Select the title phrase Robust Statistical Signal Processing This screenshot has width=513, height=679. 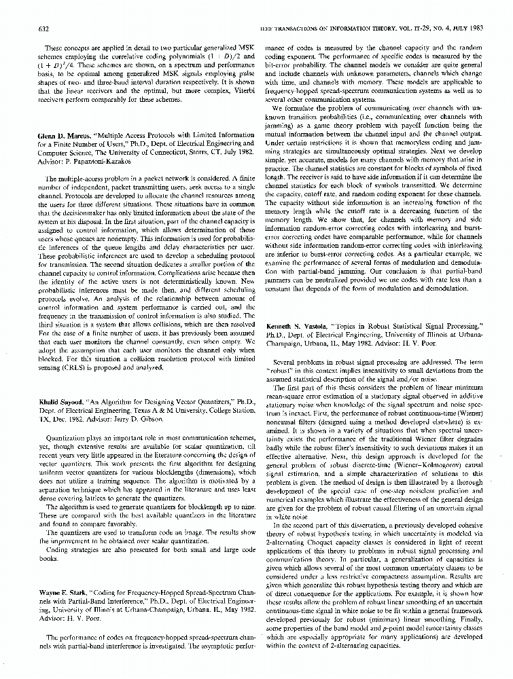[x=412, y=327]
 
